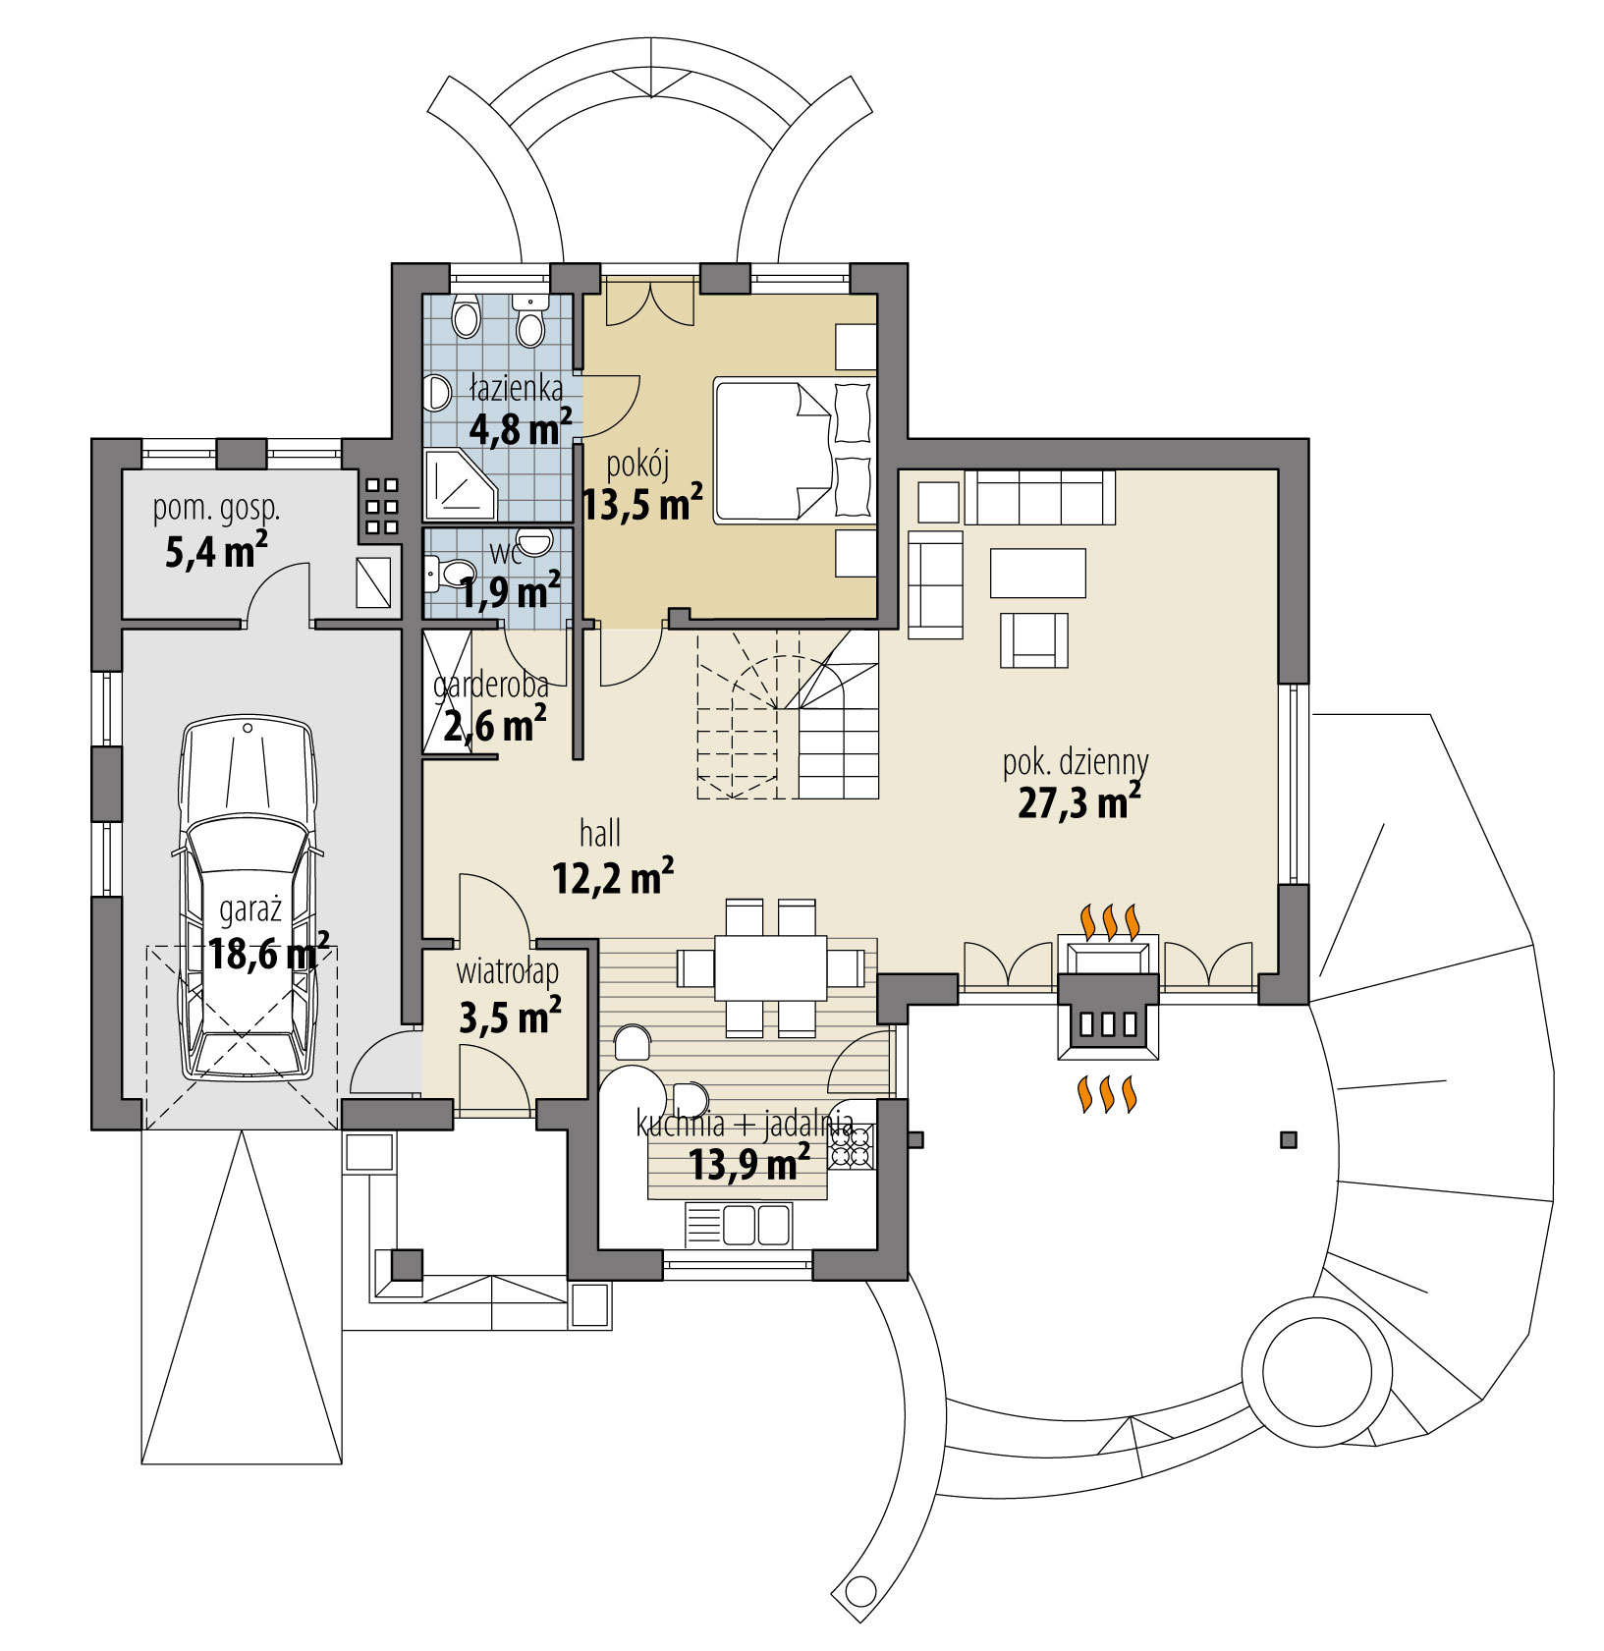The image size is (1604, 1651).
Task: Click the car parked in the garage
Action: point(247,899)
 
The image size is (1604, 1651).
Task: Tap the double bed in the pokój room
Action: point(794,451)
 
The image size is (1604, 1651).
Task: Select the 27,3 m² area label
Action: point(1079,802)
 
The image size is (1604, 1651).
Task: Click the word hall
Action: point(599,834)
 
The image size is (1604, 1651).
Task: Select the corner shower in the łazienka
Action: point(461,485)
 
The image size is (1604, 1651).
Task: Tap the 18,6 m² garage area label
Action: point(267,953)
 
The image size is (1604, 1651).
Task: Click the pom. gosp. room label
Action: point(216,509)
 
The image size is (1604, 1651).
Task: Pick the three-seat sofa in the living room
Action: point(1040,497)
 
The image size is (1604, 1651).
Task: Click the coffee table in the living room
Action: point(1037,573)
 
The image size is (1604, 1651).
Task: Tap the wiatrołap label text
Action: point(507,971)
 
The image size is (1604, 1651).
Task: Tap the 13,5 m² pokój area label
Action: point(641,505)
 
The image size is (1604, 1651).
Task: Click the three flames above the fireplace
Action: point(1110,921)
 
